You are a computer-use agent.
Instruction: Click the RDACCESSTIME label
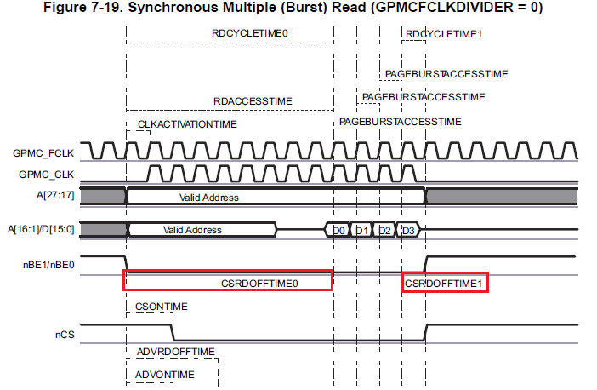253,101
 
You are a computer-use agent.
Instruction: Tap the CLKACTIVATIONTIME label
187,124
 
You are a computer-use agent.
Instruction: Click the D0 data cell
338,230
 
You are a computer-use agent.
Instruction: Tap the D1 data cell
361,230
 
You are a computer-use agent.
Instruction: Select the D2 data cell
384,230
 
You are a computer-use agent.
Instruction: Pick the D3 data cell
408,230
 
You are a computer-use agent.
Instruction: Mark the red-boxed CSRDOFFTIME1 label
444,281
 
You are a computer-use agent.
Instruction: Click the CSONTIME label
162,307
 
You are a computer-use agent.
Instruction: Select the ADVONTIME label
166,374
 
